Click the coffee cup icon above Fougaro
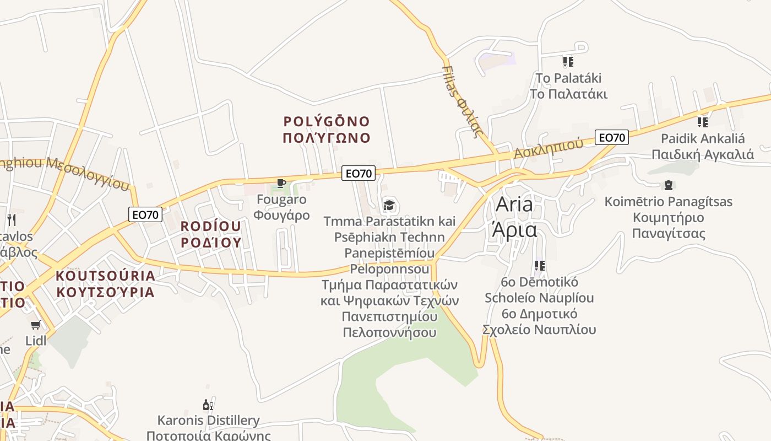tap(281, 183)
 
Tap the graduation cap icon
tap(389, 206)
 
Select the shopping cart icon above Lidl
tap(36, 325)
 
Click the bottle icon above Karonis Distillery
tap(208, 405)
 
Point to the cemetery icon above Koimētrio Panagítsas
tap(669, 185)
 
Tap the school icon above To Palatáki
tap(568, 62)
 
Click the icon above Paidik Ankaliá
tap(702, 122)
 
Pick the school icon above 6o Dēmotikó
tap(539, 266)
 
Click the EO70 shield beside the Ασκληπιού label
tap(611, 137)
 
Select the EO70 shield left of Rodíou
tap(145, 214)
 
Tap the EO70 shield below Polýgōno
tap(359, 173)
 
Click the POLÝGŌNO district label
tap(327, 121)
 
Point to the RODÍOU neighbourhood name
tap(211, 226)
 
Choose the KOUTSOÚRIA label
tap(106, 276)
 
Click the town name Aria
tap(514, 205)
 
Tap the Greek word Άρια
tap(514, 229)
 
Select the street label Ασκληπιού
tap(548, 148)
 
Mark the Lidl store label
tap(36, 341)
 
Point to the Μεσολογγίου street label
tap(88, 172)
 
